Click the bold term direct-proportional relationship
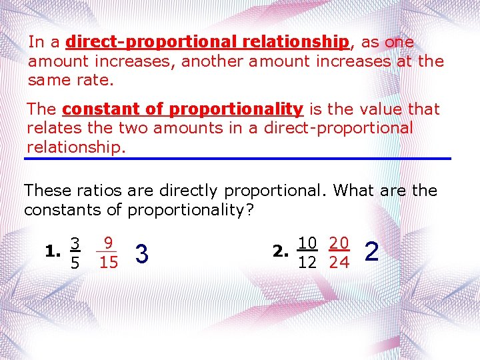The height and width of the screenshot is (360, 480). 207,42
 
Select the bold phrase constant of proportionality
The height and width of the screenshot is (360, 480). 182,109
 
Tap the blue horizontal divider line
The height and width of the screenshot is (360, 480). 238,158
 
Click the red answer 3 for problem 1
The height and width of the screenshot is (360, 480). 141,253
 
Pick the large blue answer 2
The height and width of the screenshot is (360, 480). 373,252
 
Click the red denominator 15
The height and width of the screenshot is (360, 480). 108,263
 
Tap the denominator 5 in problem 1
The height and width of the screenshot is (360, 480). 75,263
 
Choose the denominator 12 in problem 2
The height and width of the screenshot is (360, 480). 307,263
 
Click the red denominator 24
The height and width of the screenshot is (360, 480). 339,263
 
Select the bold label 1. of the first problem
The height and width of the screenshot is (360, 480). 52,252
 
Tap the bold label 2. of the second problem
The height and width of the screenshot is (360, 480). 281,252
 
